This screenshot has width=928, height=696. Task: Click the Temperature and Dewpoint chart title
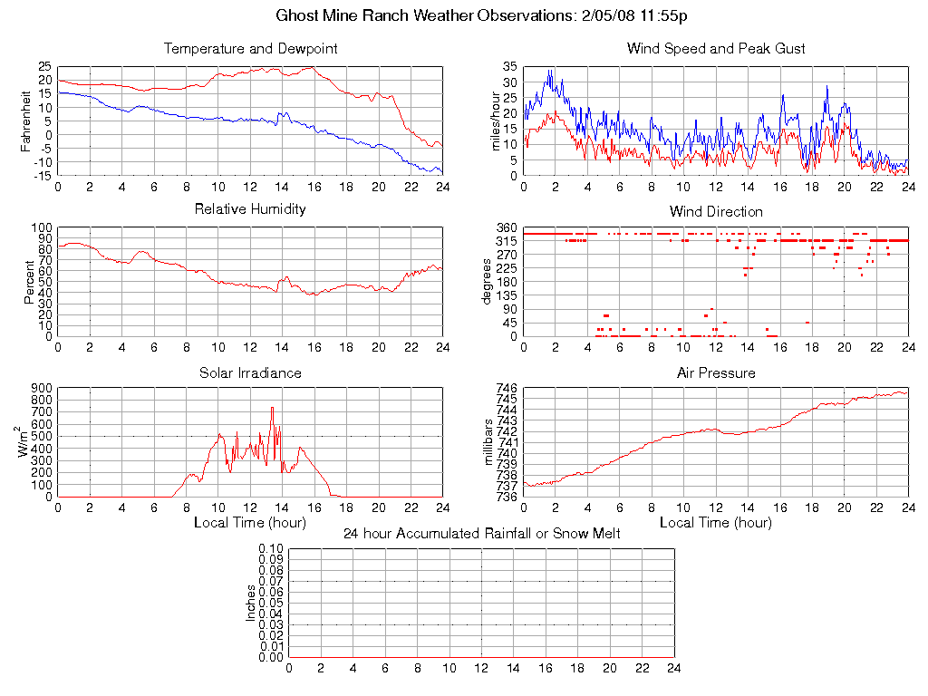[250, 49]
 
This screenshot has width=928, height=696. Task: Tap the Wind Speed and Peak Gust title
[716, 49]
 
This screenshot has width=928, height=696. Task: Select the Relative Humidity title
[250, 209]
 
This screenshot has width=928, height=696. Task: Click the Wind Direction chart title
[716, 212]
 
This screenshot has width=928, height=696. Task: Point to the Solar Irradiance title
[250, 373]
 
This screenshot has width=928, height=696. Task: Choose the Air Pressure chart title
[716, 373]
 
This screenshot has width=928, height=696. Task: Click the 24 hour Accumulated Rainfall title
[481, 534]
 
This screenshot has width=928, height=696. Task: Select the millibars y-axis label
[489, 442]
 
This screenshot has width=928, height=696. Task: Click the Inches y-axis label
[251, 603]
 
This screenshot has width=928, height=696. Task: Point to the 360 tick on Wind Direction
[506, 227]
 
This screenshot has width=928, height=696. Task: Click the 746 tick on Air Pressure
[506, 388]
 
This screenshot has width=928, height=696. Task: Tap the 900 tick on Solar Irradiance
[42, 388]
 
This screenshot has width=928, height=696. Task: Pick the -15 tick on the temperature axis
[42, 176]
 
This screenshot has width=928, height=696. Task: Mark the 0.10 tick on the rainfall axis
[271, 548]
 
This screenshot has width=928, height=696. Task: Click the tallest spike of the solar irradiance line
[272, 409]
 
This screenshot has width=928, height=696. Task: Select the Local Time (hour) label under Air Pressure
[716, 523]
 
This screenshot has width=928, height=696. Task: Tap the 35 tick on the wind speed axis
[509, 67]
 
